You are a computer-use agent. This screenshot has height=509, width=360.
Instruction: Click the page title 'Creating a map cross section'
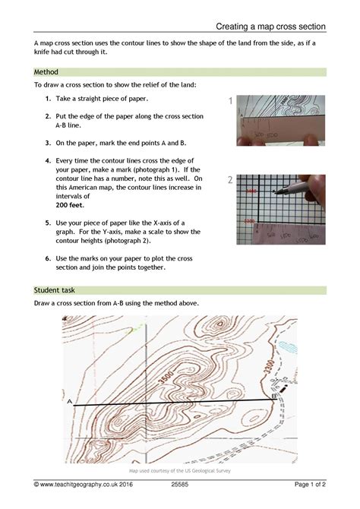(270, 27)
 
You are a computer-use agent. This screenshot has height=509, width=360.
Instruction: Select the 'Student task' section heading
(56, 290)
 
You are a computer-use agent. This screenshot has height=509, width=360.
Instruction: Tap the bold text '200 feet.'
(71, 205)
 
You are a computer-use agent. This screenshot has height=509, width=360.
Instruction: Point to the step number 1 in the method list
(47, 100)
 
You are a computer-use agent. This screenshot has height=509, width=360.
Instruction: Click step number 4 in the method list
(47, 161)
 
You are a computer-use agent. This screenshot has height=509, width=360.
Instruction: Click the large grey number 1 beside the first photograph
(229, 101)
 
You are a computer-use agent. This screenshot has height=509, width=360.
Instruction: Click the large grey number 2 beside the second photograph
(229, 181)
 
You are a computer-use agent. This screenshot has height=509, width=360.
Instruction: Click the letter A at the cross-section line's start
(70, 400)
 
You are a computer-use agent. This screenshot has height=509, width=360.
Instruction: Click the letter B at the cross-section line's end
(273, 396)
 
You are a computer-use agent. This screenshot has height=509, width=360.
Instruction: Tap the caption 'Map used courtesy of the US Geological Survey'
(180, 471)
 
